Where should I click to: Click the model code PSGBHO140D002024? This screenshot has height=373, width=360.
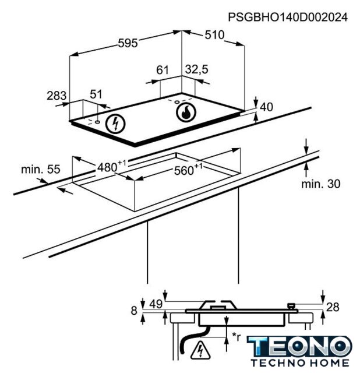click(288, 17)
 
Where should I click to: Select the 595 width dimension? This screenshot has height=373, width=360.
click(128, 43)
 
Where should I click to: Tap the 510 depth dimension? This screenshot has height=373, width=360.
click(214, 35)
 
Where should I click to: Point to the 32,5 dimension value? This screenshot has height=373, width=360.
click(197, 69)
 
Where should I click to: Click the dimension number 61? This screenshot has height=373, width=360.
click(163, 70)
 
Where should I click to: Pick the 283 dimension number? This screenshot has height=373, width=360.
click(57, 96)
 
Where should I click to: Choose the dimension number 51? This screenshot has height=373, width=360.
click(96, 94)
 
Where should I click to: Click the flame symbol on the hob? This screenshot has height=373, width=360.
click(186, 112)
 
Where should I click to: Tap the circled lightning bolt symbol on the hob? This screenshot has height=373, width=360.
click(115, 124)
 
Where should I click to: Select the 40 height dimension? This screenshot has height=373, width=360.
click(266, 107)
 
